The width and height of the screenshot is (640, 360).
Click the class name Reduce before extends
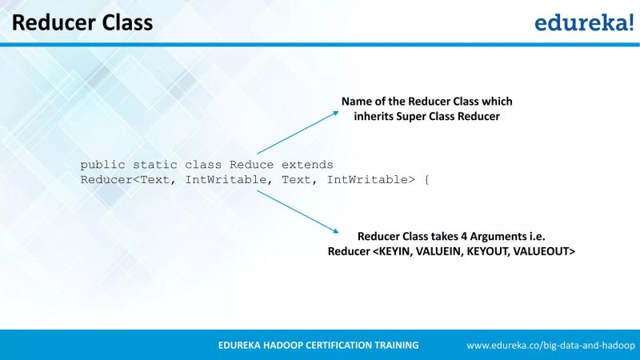(251, 164)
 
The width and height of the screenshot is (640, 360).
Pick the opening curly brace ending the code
(426, 179)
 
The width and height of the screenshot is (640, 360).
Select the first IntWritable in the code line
(226, 179)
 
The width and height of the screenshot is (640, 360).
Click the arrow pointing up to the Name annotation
(298, 132)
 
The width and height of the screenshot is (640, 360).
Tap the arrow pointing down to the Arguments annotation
(298, 212)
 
